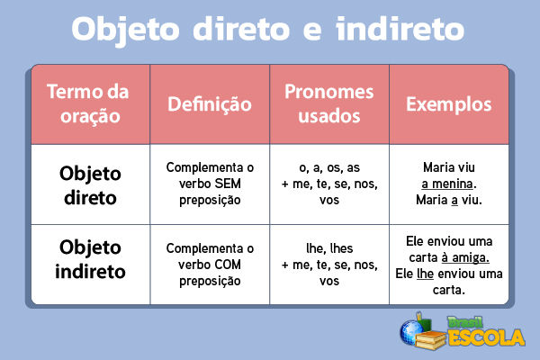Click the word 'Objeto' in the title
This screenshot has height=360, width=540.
pos(130,29)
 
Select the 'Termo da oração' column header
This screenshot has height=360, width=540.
pos(87,104)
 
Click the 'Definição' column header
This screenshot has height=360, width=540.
pos(210,104)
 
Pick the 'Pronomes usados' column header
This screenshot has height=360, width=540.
pos(329,104)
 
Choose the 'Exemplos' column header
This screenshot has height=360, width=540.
pos(449,104)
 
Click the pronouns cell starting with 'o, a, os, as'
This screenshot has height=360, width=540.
pos(329,184)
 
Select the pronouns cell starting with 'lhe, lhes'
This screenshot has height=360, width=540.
pos(329,265)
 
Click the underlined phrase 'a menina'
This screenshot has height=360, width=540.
pos(447,184)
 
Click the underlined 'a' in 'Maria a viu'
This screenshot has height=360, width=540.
pos(455,200)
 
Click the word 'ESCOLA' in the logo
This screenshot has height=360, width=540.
pos(486,338)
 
